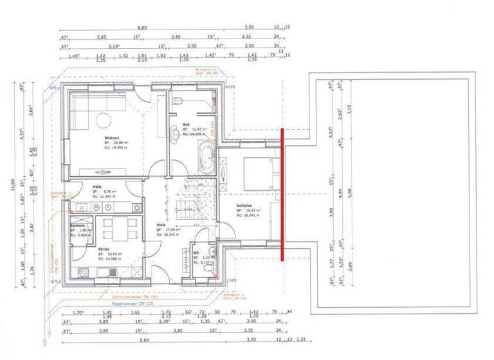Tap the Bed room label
click(x=186, y=123)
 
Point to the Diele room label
click(x=161, y=225)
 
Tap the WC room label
click(x=197, y=253)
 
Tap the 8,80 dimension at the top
click(x=142, y=28)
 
